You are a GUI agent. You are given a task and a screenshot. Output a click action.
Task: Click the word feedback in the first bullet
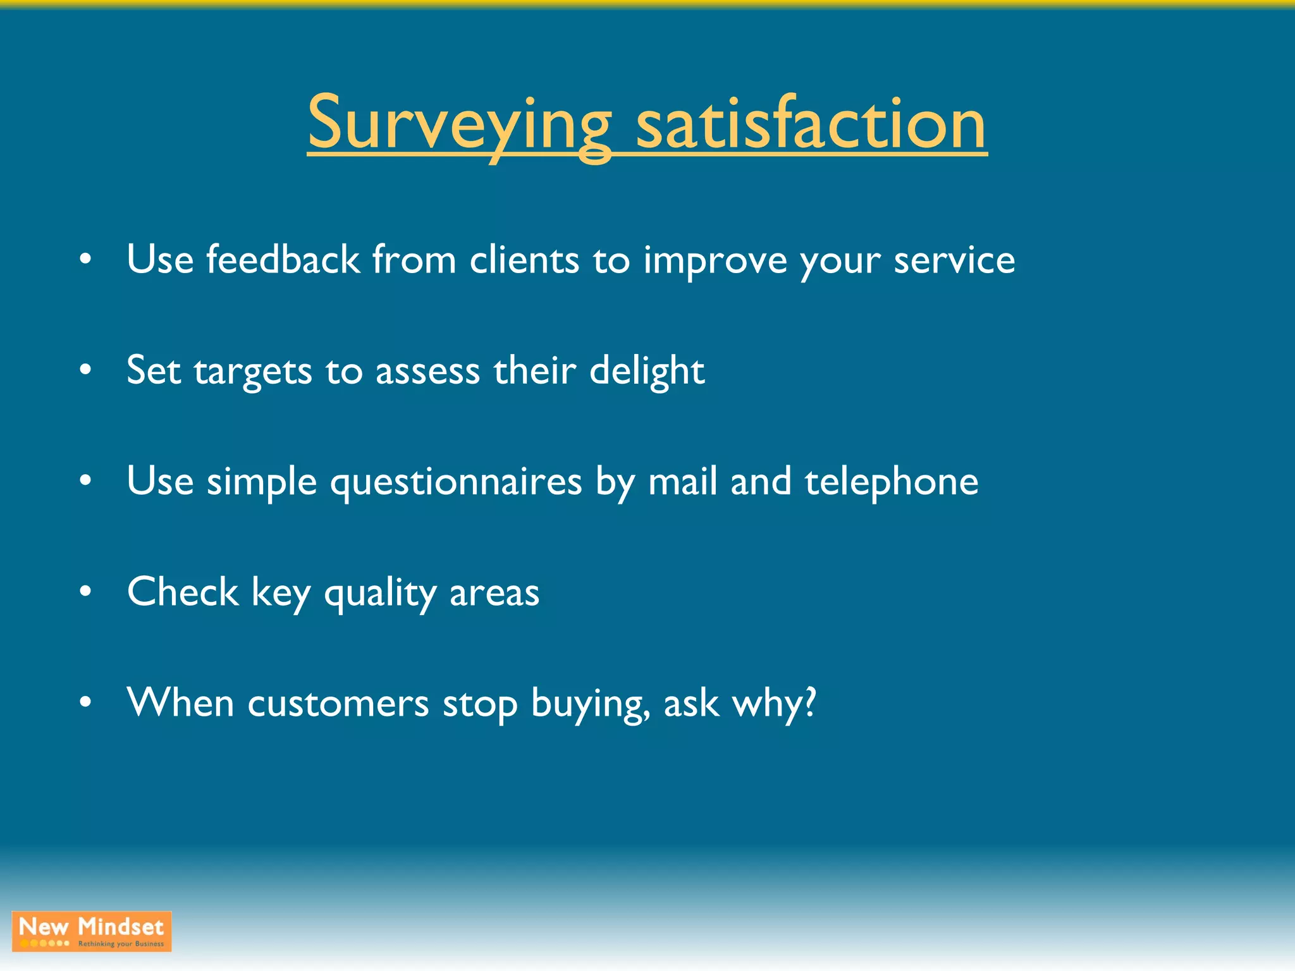click(x=283, y=260)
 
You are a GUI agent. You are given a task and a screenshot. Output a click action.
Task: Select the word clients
click(x=524, y=260)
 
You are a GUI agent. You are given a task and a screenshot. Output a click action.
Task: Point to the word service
click(x=954, y=260)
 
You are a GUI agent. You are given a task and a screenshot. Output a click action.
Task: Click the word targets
click(x=253, y=371)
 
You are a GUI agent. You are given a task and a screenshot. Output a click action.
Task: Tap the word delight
click(x=647, y=371)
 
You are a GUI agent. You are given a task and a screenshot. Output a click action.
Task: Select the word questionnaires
click(x=456, y=482)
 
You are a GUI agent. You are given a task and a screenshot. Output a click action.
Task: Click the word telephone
click(x=892, y=482)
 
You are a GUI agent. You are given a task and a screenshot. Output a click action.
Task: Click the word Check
click(x=183, y=592)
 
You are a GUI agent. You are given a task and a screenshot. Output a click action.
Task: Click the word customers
click(x=338, y=704)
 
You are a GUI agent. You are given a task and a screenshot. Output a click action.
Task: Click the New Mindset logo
click(x=92, y=931)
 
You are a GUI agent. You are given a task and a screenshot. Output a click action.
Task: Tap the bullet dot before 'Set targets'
click(x=86, y=371)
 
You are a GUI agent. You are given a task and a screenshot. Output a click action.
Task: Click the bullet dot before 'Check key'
click(x=86, y=592)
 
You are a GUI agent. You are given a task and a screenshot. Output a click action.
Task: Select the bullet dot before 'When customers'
click(x=86, y=702)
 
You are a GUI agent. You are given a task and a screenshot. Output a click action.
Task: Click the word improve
click(x=715, y=261)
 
